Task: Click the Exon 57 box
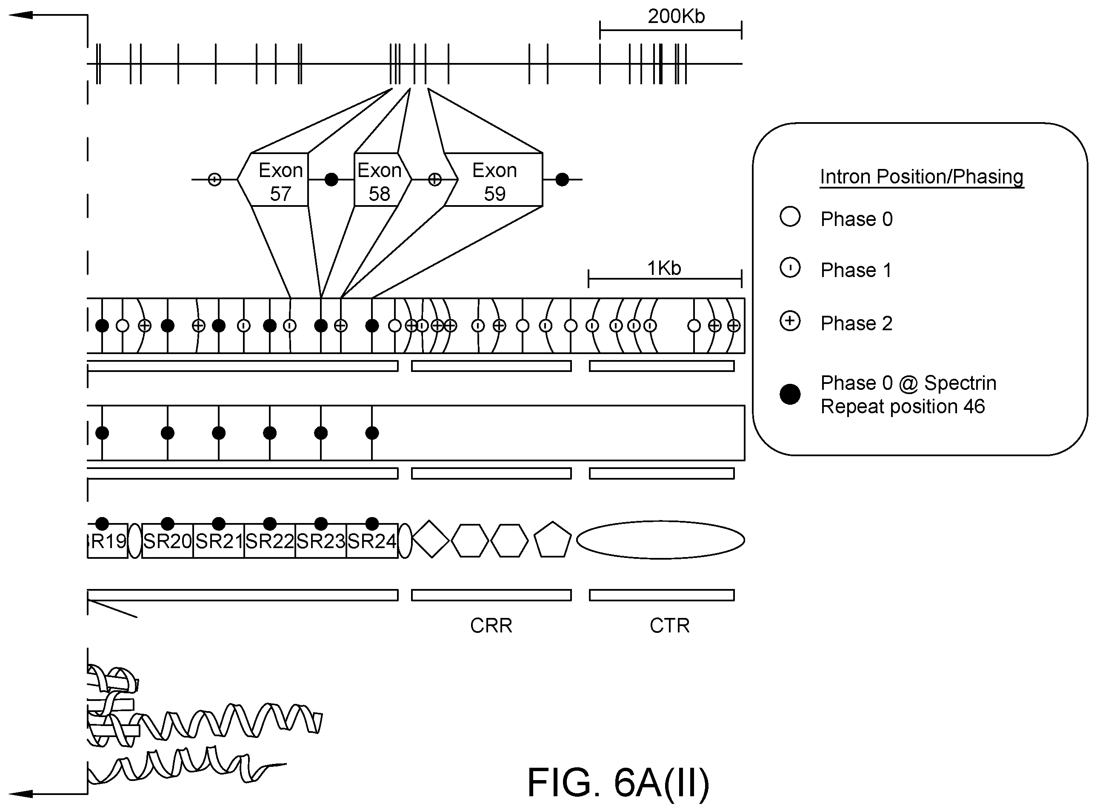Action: (273, 180)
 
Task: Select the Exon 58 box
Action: (383, 180)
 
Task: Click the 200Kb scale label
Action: (676, 16)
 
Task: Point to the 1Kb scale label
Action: (664, 269)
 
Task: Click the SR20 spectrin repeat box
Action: (167, 540)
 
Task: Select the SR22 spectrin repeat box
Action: (270, 540)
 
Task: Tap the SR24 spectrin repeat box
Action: (372, 540)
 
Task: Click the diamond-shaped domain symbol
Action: (431, 539)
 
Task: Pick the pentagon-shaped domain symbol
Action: (552, 540)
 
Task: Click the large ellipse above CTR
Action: (660, 540)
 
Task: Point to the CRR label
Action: (491, 626)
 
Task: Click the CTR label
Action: (669, 626)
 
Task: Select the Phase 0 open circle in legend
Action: (790, 217)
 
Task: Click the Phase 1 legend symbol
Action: (790, 268)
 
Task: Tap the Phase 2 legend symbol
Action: (790, 321)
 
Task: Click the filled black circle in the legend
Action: (790, 394)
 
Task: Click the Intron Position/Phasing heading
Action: (922, 177)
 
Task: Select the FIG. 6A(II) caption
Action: (618, 782)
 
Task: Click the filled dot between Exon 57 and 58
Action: (331, 180)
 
